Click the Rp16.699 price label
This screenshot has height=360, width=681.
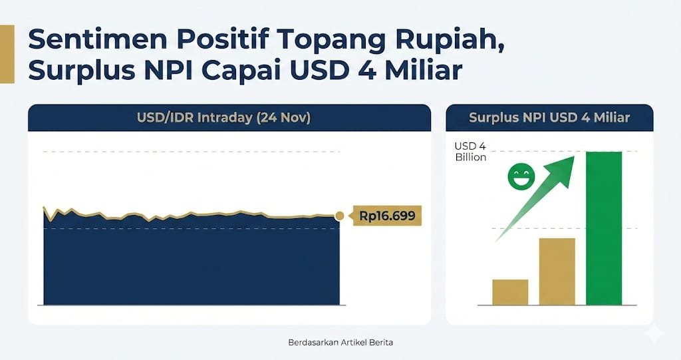coord(386,216)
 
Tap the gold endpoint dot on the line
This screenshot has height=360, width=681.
coord(340,216)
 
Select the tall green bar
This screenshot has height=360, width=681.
coord(604,228)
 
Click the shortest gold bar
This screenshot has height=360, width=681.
coord(510,292)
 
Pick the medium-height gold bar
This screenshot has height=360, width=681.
coord(557,271)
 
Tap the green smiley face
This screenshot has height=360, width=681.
coord(521,176)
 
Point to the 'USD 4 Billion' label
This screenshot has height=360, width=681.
coord(470,151)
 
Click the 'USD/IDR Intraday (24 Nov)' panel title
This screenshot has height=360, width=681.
coord(223,118)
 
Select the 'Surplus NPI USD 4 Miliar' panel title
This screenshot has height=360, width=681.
coord(549,117)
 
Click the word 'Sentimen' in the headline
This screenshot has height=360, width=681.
coord(98,39)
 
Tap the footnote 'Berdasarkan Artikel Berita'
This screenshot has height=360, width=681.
coord(340,342)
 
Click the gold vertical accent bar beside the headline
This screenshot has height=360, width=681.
coord(7,54)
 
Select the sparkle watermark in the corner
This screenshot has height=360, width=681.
coord(654,334)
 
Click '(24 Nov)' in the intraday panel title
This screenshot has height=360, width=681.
coord(283,118)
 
